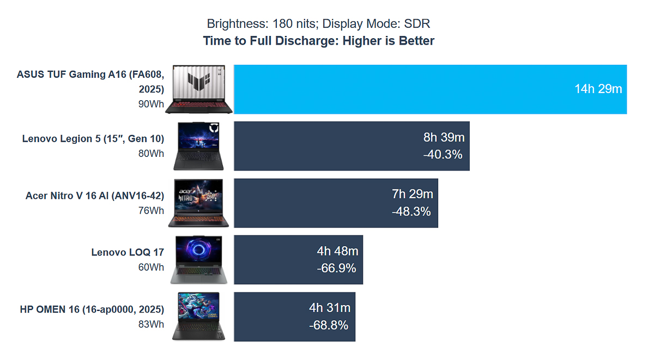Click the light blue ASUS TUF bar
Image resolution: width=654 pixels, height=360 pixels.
[x=403, y=89]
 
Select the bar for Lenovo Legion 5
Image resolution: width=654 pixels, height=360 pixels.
[x=327, y=146]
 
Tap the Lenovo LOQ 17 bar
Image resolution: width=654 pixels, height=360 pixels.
[x=272, y=260]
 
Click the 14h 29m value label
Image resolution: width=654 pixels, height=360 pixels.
[x=598, y=89]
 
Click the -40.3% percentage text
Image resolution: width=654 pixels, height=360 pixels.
[x=443, y=155]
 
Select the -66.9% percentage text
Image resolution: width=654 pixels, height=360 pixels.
[x=336, y=268]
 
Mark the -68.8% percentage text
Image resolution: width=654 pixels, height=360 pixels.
[x=329, y=325]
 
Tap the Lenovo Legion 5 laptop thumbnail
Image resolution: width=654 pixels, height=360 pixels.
[x=198, y=146]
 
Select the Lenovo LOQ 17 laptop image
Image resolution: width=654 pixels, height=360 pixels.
[x=198, y=260]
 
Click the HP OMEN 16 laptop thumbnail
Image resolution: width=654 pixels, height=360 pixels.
[x=198, y=317]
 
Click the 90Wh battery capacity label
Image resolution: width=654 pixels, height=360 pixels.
[x=151, y=103]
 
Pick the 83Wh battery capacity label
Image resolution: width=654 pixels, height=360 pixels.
[x=151, y=324]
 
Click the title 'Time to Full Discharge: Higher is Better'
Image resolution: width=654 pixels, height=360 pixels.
[x=319, y=41]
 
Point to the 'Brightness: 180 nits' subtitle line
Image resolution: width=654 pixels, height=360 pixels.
[x=319, y=24]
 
